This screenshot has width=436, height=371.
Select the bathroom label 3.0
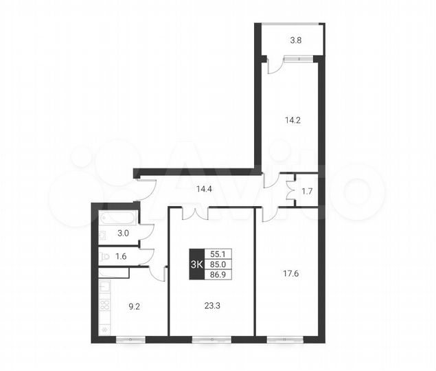coord(124,234)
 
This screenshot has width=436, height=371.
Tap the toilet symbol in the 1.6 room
coord(104,257)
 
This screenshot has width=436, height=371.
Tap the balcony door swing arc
coord(273,67)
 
